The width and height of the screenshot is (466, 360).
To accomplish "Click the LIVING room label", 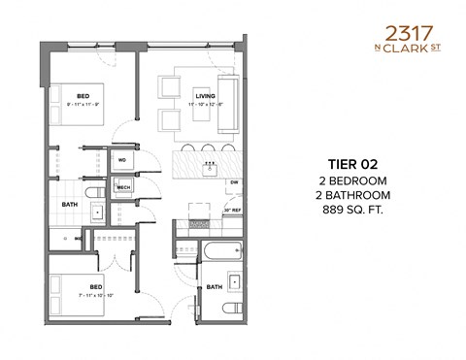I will click(205, 96).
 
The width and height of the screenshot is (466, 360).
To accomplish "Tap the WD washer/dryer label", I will click(123, 159).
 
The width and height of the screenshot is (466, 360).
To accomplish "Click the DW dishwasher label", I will click(234, 182).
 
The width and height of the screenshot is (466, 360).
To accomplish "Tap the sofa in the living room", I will click(229, 103).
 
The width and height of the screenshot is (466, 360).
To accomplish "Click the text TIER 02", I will click(348, 165).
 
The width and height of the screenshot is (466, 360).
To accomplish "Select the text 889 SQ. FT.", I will click(348, 208).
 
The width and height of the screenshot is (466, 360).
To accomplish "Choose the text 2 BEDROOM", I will click(348, 180).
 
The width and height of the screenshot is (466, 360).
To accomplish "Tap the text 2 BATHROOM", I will click(348, 194).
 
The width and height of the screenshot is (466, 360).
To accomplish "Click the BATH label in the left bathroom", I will click(70, 205).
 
